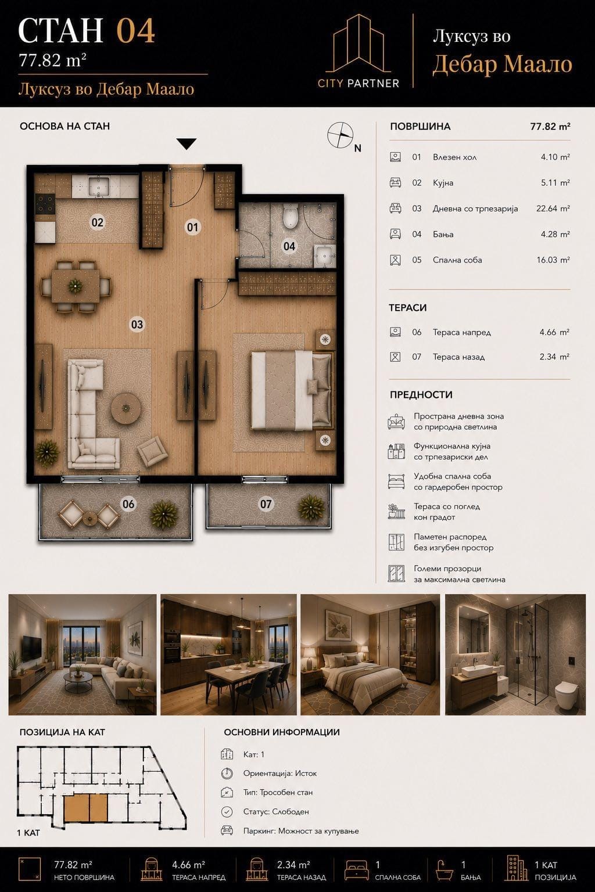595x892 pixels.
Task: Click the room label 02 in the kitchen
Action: pos(97,222)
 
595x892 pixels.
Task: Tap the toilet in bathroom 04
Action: pos(290,216)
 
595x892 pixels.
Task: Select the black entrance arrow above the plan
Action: pos(186,144)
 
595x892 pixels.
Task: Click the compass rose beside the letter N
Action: pos(340,135)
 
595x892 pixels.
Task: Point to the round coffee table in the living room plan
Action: pos(126,408)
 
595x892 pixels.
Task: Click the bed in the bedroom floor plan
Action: pos(292,390)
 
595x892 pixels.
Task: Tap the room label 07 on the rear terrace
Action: pos(266,504)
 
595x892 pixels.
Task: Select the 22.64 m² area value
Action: pos(553,208)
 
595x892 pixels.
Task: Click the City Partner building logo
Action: pos(359,44)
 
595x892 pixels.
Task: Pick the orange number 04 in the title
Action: pos(135,31)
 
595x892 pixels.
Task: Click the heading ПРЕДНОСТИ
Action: pos(421,395)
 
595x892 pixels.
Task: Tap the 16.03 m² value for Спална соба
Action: pos(553,260)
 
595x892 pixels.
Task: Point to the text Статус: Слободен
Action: pos(276,811)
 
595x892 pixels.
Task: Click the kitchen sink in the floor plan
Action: pos(99,186)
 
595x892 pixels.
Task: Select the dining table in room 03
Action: pos(76,286)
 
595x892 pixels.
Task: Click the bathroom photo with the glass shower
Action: pos(515,654)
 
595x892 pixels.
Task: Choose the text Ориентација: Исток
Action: pos(279,774)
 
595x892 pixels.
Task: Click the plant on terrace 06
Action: pos(163,514)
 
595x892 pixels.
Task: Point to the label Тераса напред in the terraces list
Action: pos(461,333)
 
